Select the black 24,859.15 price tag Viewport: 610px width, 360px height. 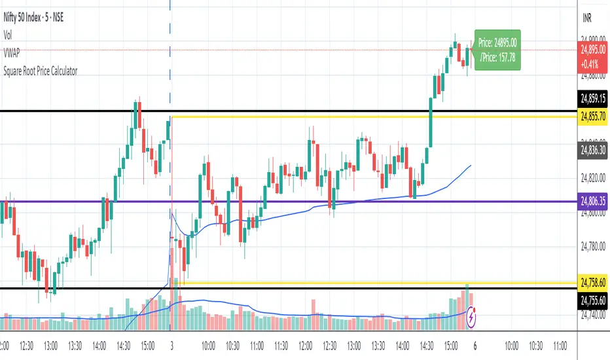(x=593, y=100)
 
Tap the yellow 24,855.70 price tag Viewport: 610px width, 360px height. (x=593, y=116)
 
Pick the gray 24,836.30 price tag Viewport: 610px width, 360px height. (x=593, y=150)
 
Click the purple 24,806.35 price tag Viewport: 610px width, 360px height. (x=593, y=203)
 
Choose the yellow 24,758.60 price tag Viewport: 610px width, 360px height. (x=593, y=283)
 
